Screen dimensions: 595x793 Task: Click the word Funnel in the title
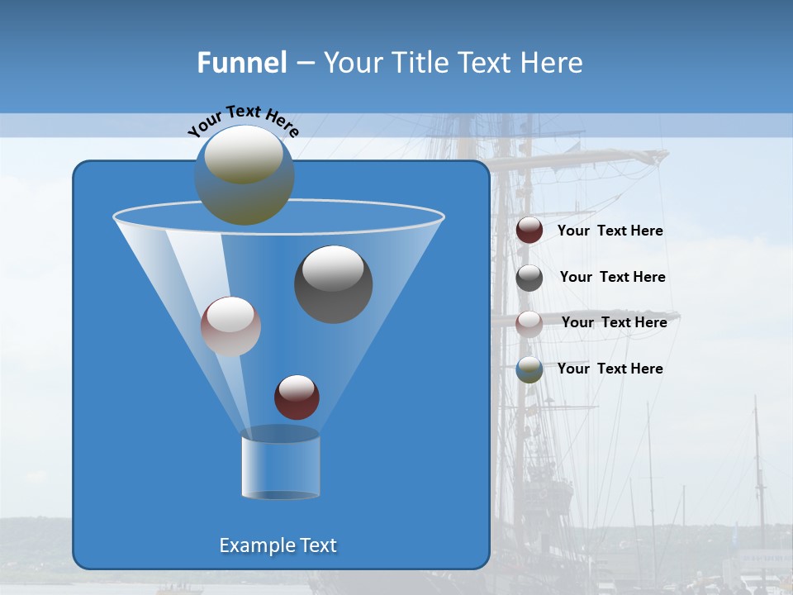(x=242, y=63)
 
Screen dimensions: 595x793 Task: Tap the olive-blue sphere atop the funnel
(x=245, y=175)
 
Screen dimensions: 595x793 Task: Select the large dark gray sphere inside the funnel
(x=334, y=284)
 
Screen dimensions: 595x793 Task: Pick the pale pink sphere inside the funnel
(x=230, y=326)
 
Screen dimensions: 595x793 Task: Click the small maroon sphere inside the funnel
(x=297, y=397)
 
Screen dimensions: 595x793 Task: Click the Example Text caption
(x=278, y=545)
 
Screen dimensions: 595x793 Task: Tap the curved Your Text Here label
(x=243, y=120)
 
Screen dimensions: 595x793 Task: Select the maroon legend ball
(x=529, y=231)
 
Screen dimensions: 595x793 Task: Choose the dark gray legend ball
(x=529, y=278)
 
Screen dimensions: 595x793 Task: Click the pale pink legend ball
(x=529, y=323)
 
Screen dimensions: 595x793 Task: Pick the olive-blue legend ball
(x=529, y=369)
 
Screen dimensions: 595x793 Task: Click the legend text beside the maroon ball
(x=610, y=231)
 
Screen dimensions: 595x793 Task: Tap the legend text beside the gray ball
(x=613, y=278)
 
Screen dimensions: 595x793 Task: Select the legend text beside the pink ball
(x=615, y=323)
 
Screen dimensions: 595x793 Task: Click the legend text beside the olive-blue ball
(x=610, y=369)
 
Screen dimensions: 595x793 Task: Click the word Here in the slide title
(x=552, y=63)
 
